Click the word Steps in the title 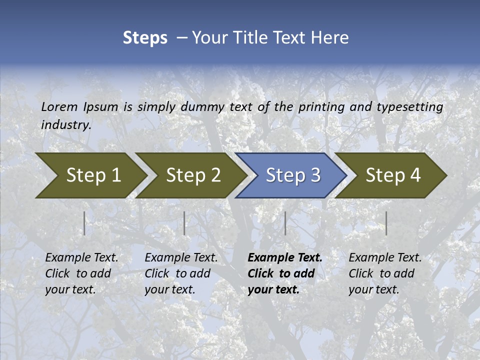145,38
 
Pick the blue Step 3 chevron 293,175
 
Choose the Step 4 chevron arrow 393,175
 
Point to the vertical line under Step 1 84,223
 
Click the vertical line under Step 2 184,223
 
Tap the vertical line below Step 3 285,223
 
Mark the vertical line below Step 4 386,223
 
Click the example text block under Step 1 81,273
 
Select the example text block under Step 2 181,273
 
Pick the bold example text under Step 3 285,273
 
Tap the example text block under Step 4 385,273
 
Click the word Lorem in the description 59,106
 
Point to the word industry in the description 65,125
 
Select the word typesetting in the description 409,106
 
